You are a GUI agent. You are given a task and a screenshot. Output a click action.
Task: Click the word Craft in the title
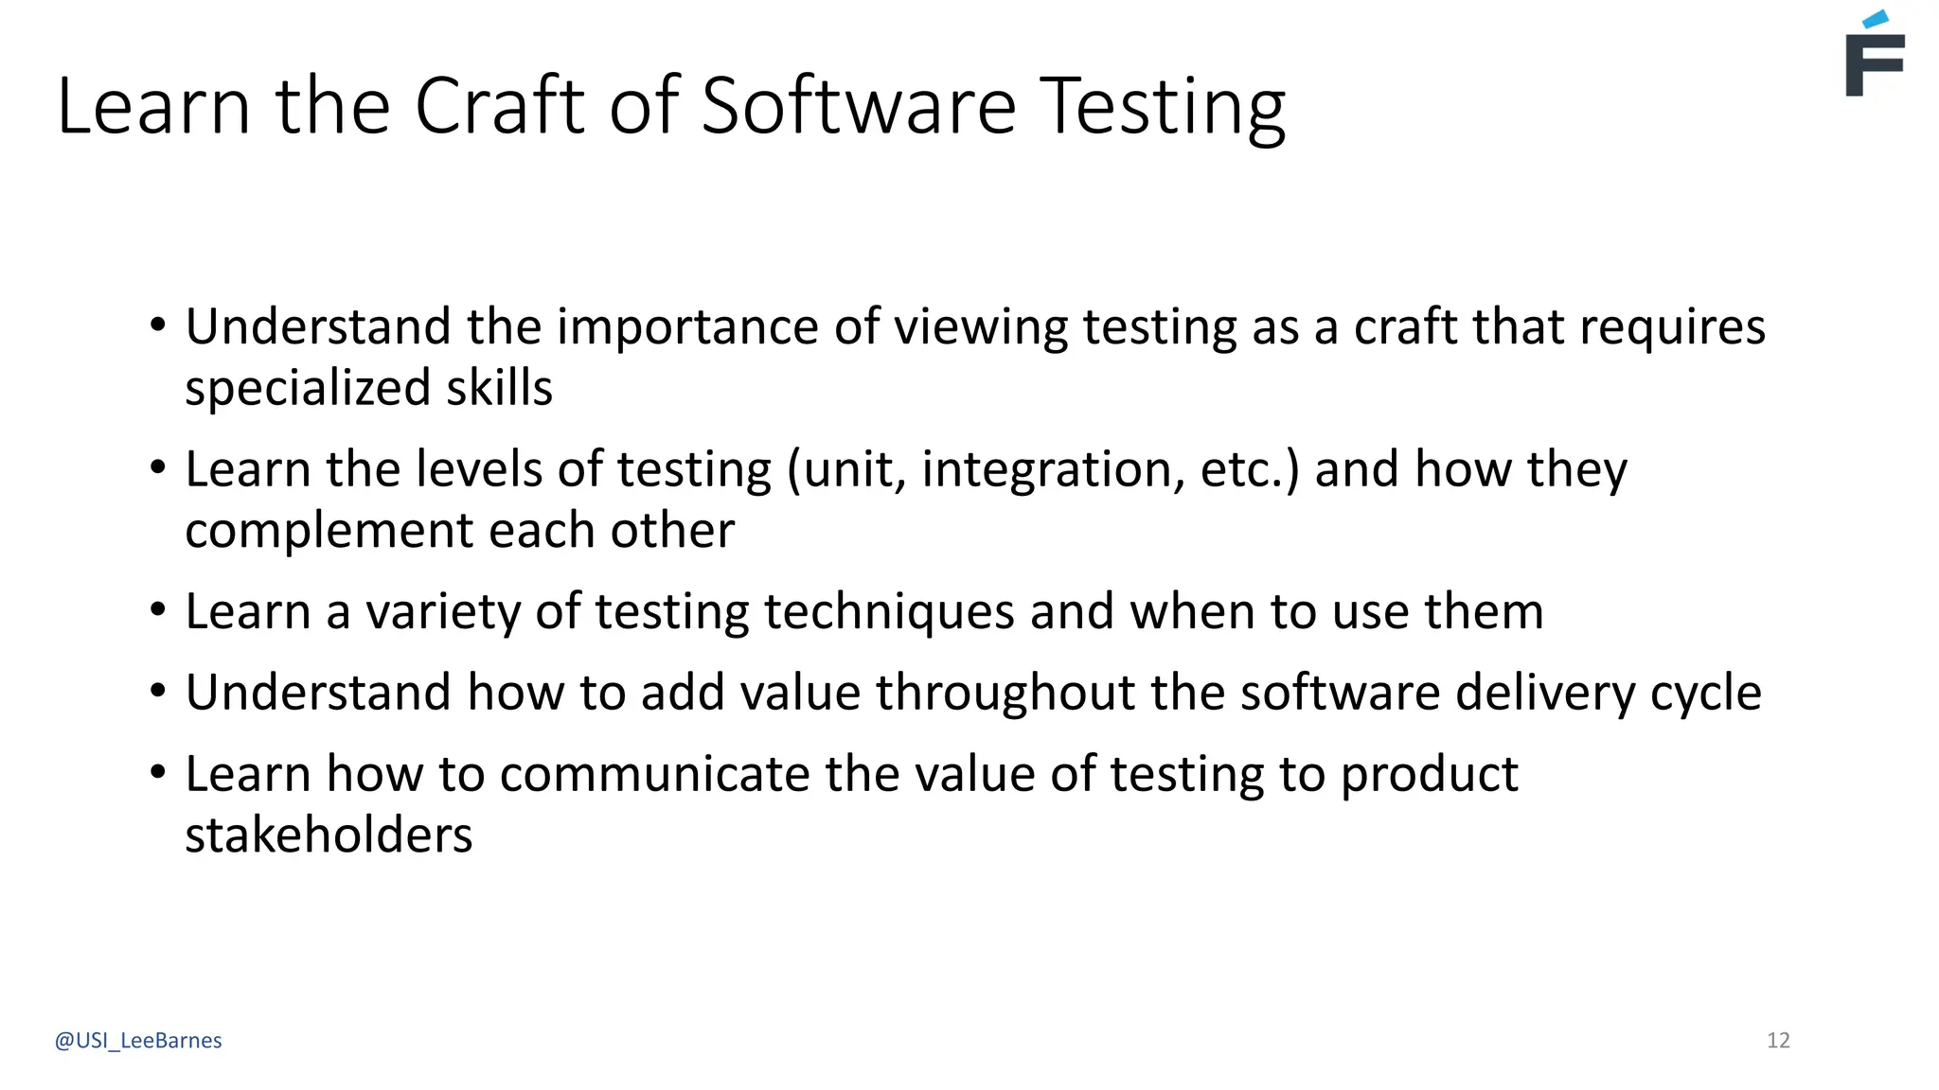500,106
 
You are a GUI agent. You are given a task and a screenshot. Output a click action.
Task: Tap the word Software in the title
858,106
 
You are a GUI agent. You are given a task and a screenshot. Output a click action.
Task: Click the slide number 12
1778,1041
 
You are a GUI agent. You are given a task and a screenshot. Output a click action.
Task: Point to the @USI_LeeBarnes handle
138,1041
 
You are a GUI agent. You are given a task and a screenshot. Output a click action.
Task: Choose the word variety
443,612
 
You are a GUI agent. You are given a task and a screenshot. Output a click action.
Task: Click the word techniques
889,612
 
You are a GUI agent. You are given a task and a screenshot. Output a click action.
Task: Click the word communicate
654,775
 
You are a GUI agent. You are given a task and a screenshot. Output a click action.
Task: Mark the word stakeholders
329,835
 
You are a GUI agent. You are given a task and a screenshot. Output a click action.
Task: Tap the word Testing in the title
1163,108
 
